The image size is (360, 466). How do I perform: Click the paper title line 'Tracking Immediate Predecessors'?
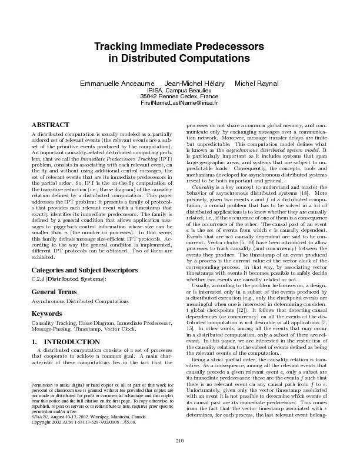pos(179,46)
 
